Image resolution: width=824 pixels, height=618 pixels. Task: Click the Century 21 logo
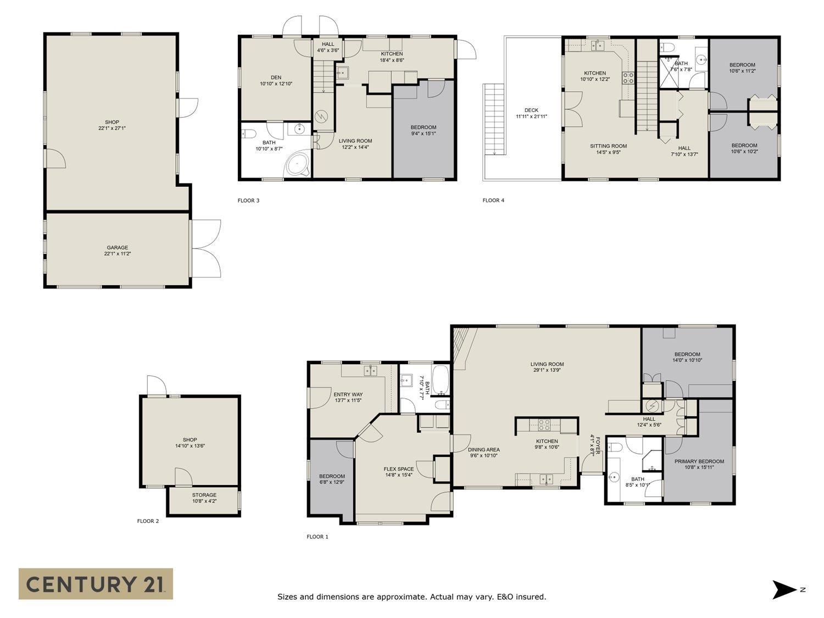click(x=96, y=583)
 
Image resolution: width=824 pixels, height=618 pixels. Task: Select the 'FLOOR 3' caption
click(x=248, y=201)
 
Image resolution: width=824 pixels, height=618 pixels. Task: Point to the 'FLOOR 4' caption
click(x=493, y=201)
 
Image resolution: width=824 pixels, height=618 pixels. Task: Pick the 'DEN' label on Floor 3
click(x=276, y=77)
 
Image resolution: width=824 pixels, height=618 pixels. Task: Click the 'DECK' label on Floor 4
click(x=531, y=110)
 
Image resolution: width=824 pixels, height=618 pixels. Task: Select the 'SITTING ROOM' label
click(x=608, y=146)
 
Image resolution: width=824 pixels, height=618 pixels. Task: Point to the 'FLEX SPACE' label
click(x=399, y=469)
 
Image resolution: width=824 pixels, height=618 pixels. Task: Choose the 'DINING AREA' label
click(x=484, y=449)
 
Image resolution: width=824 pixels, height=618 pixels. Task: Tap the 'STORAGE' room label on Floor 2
click(x=204, y=495)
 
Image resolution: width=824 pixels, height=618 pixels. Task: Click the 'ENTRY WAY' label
click(x=348, y=394)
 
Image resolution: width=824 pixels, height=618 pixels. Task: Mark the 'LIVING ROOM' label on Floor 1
click(x=547, y=364)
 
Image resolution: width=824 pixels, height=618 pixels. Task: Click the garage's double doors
click(x=206, y=248)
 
